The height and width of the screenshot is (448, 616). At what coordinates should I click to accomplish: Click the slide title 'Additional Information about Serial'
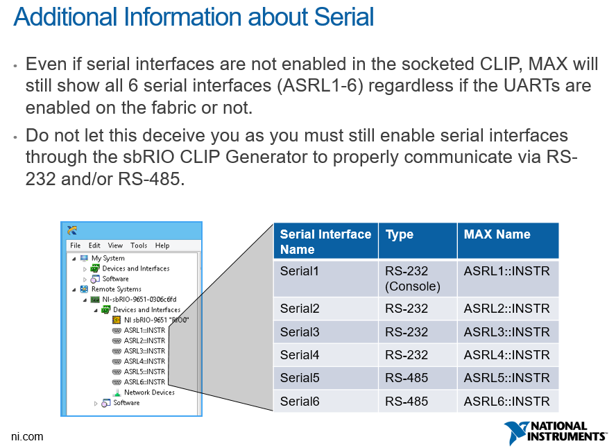click(194, 17)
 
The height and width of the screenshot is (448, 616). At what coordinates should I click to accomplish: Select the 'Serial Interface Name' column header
click(325, 241)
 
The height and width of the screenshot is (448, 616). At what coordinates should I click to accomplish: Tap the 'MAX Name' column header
click(497, 234)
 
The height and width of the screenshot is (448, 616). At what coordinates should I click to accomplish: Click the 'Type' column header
click(400, 234)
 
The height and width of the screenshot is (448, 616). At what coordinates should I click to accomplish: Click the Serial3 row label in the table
click(300, 331)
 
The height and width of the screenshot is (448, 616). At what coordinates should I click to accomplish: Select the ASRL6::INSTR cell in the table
click(506, 401)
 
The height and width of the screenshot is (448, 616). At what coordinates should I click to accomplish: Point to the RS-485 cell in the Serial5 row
click(407, 378)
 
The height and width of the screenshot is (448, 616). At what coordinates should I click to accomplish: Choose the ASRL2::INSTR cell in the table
click(506, 309)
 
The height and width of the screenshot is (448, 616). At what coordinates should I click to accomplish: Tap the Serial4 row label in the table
click(300, 355)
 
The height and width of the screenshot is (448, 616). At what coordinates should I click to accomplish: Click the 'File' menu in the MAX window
click(75, 245)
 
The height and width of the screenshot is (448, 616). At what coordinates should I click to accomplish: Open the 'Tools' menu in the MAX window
click(139, 245)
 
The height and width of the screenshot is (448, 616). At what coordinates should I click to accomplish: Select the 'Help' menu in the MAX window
click(162, 245)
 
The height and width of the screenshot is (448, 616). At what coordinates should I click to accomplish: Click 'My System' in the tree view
click(108, 258)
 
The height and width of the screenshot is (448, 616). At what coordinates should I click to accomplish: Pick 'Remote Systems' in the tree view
click(116, 289)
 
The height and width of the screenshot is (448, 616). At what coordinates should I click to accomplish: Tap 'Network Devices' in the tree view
click(149, 393)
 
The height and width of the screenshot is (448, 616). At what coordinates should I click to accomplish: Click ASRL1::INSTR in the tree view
click(144, 331)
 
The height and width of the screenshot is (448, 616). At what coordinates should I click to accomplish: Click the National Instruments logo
click(555, 432)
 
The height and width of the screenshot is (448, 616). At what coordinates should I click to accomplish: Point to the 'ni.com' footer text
click(27, 436)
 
